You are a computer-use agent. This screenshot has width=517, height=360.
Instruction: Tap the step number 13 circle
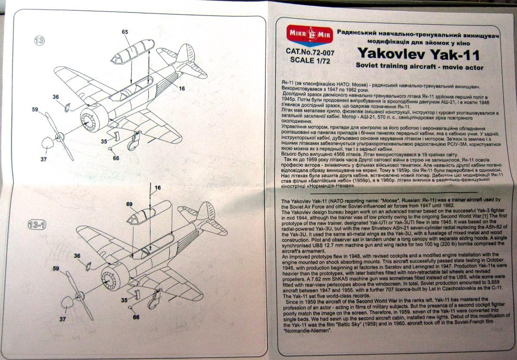pyautogui.click(x=40, y=41)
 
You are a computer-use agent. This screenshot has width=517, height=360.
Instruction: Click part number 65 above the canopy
pyautogui.click(x=125, y=32)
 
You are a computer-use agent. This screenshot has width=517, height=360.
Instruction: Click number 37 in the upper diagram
pyautogui.click(x=44, y=159)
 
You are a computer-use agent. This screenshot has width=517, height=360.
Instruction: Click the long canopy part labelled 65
pyautogui.click(x=132, y=51)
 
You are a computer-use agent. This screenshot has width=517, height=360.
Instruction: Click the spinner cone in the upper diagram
pyautogui.click(x=48, y=144)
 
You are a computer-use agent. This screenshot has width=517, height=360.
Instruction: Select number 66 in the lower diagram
pyautogui.click(x=136, y=317)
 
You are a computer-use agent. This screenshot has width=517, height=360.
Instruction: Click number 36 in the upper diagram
pyautogui.click(x=56, y=97)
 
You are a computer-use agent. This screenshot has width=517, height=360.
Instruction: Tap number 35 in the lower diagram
pyautogui.click(x=124, y=300)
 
